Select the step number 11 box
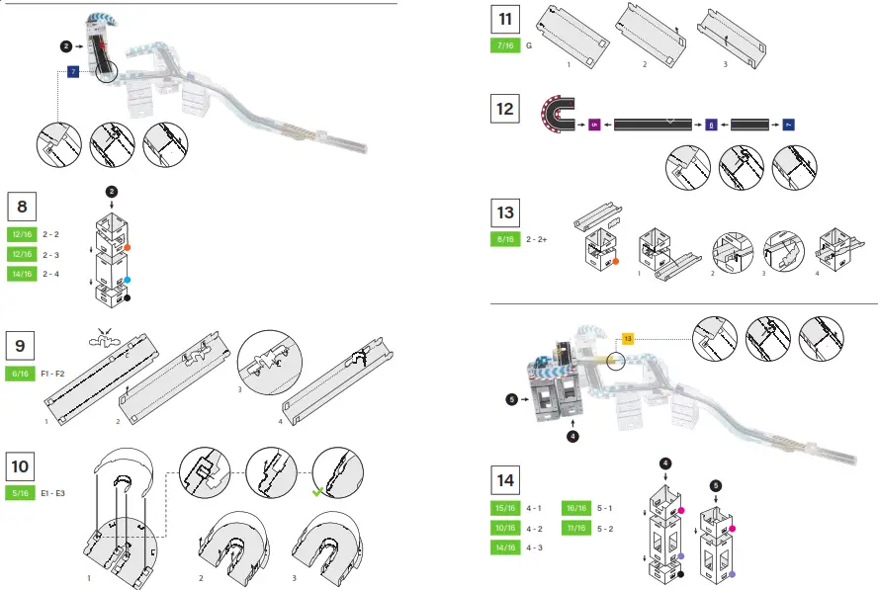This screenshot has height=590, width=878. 505,20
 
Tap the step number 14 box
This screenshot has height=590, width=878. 505,481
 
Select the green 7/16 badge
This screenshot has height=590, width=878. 505,45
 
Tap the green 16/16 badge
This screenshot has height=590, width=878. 575,508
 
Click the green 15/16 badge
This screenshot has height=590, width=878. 505,508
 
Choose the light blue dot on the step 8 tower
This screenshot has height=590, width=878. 128,280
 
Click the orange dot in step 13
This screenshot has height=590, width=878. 615,262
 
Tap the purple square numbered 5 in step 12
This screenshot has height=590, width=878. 594,125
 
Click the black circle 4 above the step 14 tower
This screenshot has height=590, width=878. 665,463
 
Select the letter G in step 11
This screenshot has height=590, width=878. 530,45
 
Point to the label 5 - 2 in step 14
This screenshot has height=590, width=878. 605,529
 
